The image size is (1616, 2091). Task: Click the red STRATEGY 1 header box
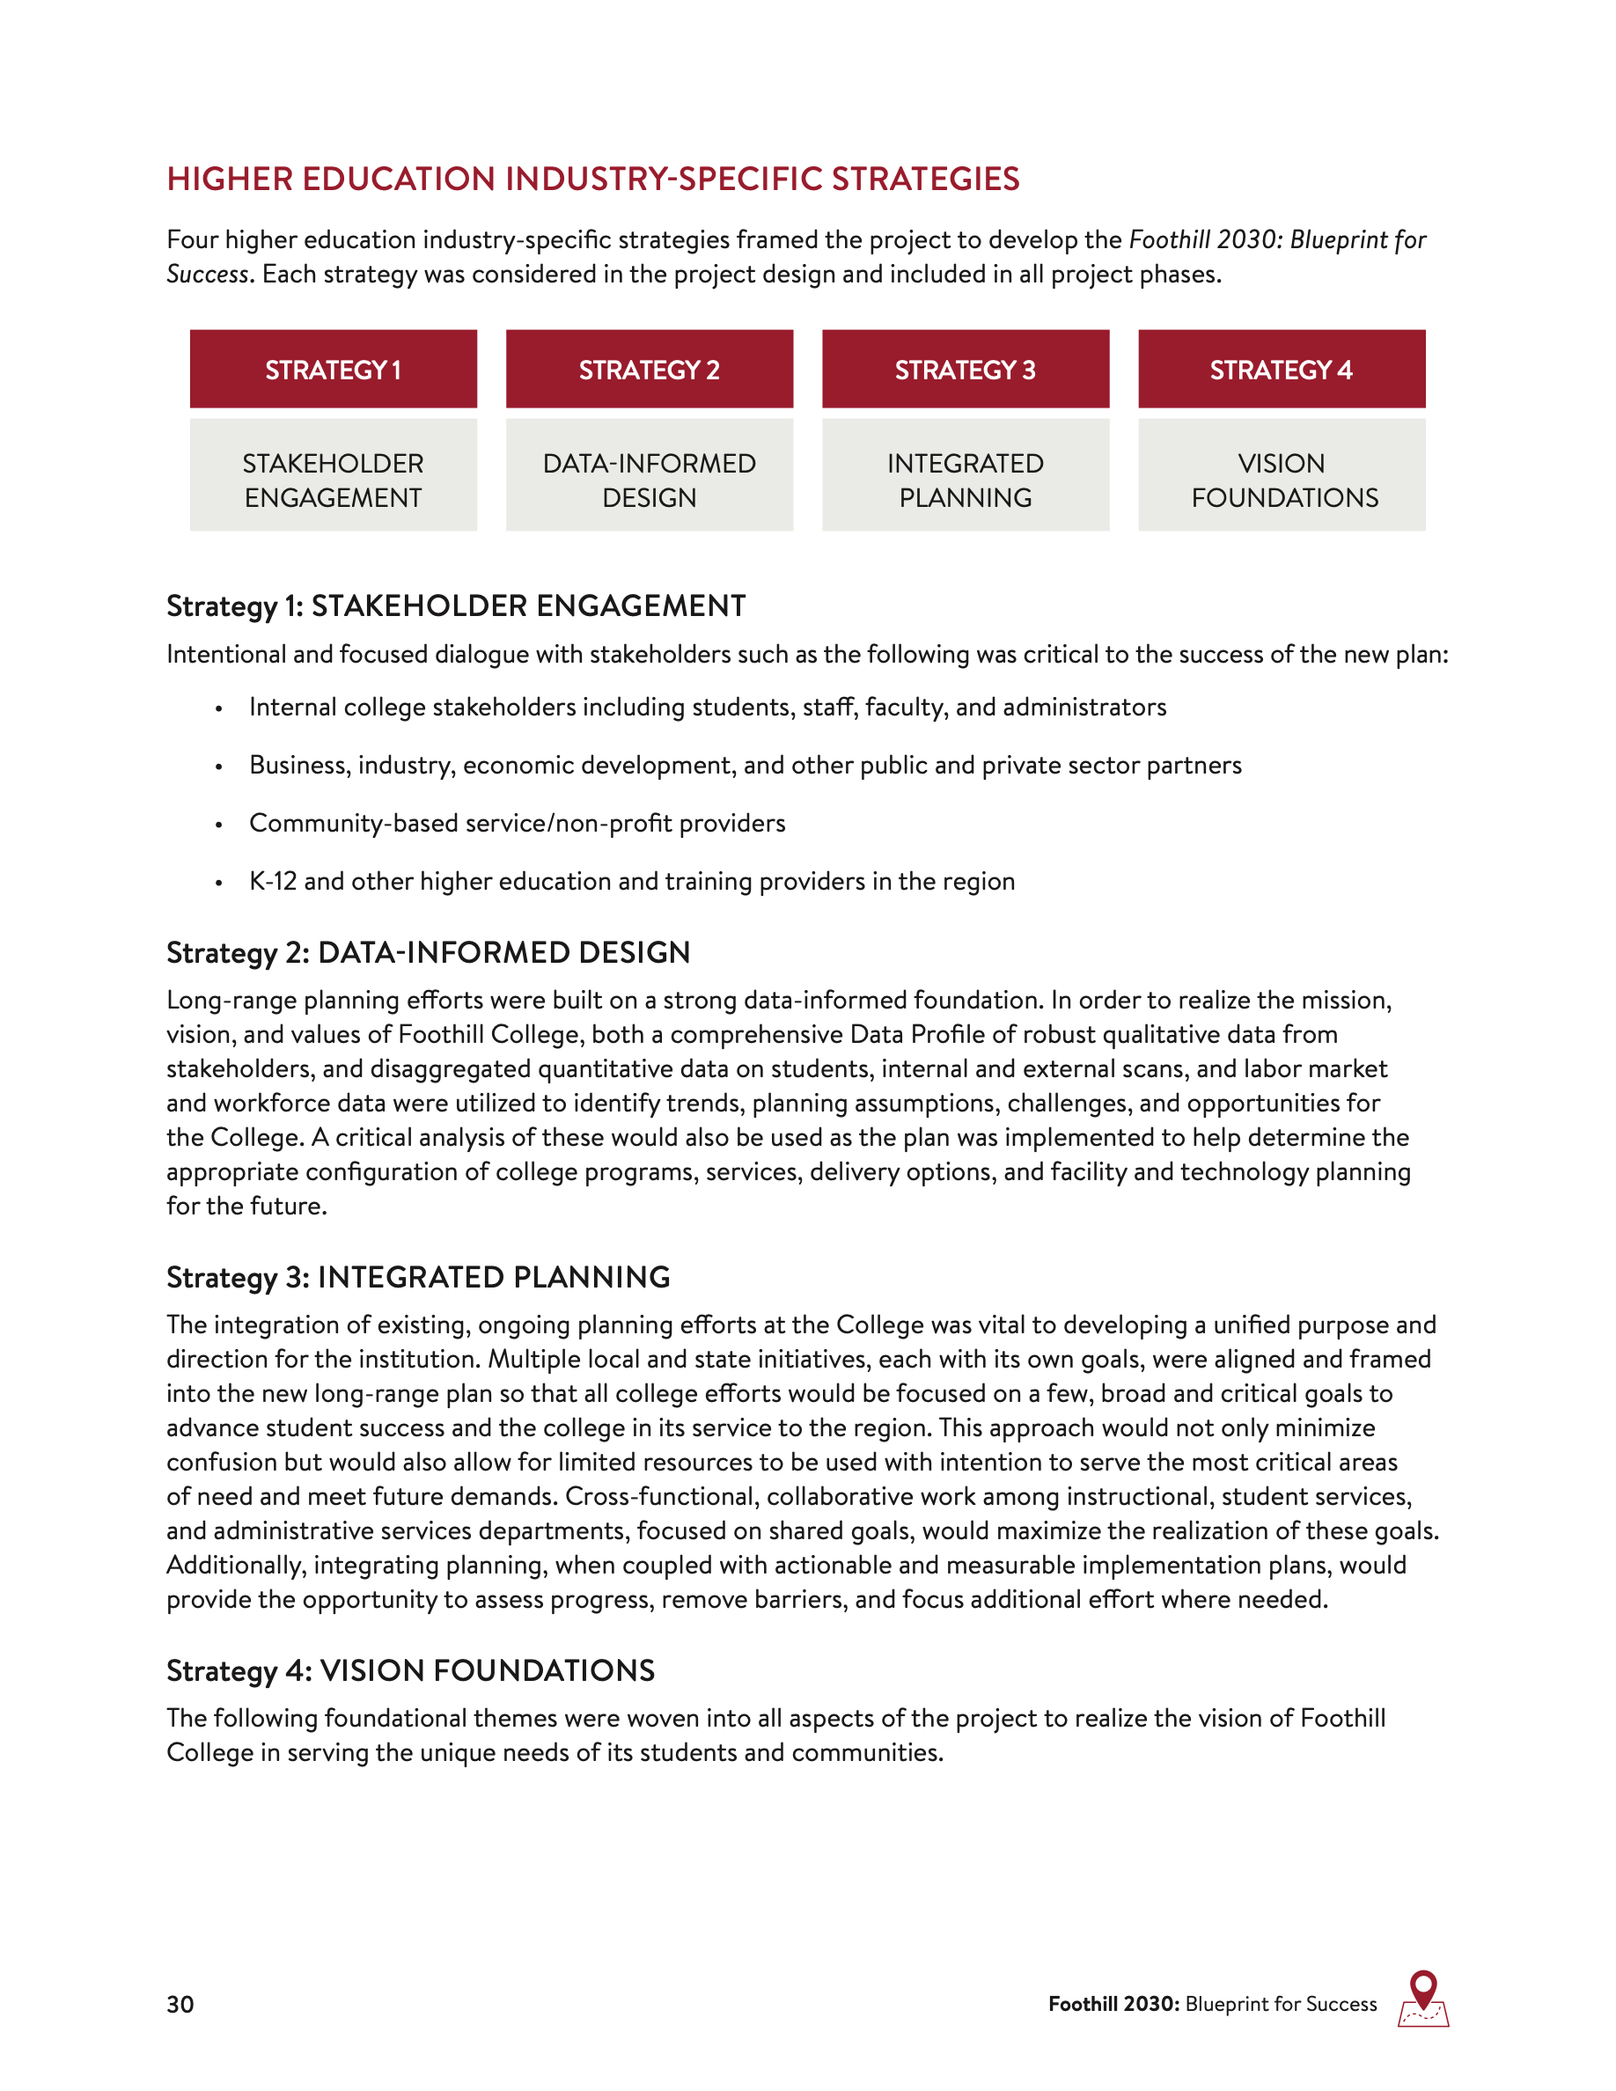(x=334, y=370)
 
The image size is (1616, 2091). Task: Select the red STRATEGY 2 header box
(x=649, y=370)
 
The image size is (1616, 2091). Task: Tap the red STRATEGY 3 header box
(x=965, y=370)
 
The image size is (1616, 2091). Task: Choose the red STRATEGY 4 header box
(x=1281, y=370)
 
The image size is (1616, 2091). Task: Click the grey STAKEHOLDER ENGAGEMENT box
(x=334, y=476)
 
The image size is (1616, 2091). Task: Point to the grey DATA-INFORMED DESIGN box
(x=649, y=476)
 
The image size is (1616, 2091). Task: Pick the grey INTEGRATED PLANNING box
(x=965, y=476)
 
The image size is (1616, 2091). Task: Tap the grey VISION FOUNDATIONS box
(x=1281, y=476)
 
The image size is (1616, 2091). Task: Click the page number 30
(x=180, y=2005)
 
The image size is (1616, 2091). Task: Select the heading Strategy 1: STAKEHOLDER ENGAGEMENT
(x=456, y=606)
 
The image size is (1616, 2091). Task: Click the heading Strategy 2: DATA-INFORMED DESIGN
(x=428, y=952)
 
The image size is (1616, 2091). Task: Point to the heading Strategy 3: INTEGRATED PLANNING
(x=418, y=1277)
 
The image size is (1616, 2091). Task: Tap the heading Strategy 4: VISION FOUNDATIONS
(x=411, y=1670)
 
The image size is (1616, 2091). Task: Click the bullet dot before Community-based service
(x=219, y=825)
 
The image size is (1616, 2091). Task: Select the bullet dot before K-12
(x=219, y=883)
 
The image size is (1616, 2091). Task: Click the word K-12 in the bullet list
(x=273, y=882)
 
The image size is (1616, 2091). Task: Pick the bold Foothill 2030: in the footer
(x=1113, y=2005)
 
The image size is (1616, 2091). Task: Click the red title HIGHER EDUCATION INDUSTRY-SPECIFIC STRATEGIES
(x=592, y=179)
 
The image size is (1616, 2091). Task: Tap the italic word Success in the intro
(x=208, y=275)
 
